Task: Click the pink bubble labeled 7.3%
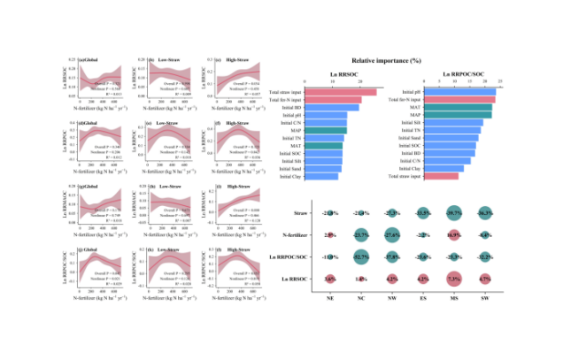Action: pos(455,278)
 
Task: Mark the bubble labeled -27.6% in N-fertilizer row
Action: pos(392,235)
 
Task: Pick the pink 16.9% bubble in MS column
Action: pos(455,235)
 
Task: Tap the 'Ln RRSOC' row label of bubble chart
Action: pos(297,278)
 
